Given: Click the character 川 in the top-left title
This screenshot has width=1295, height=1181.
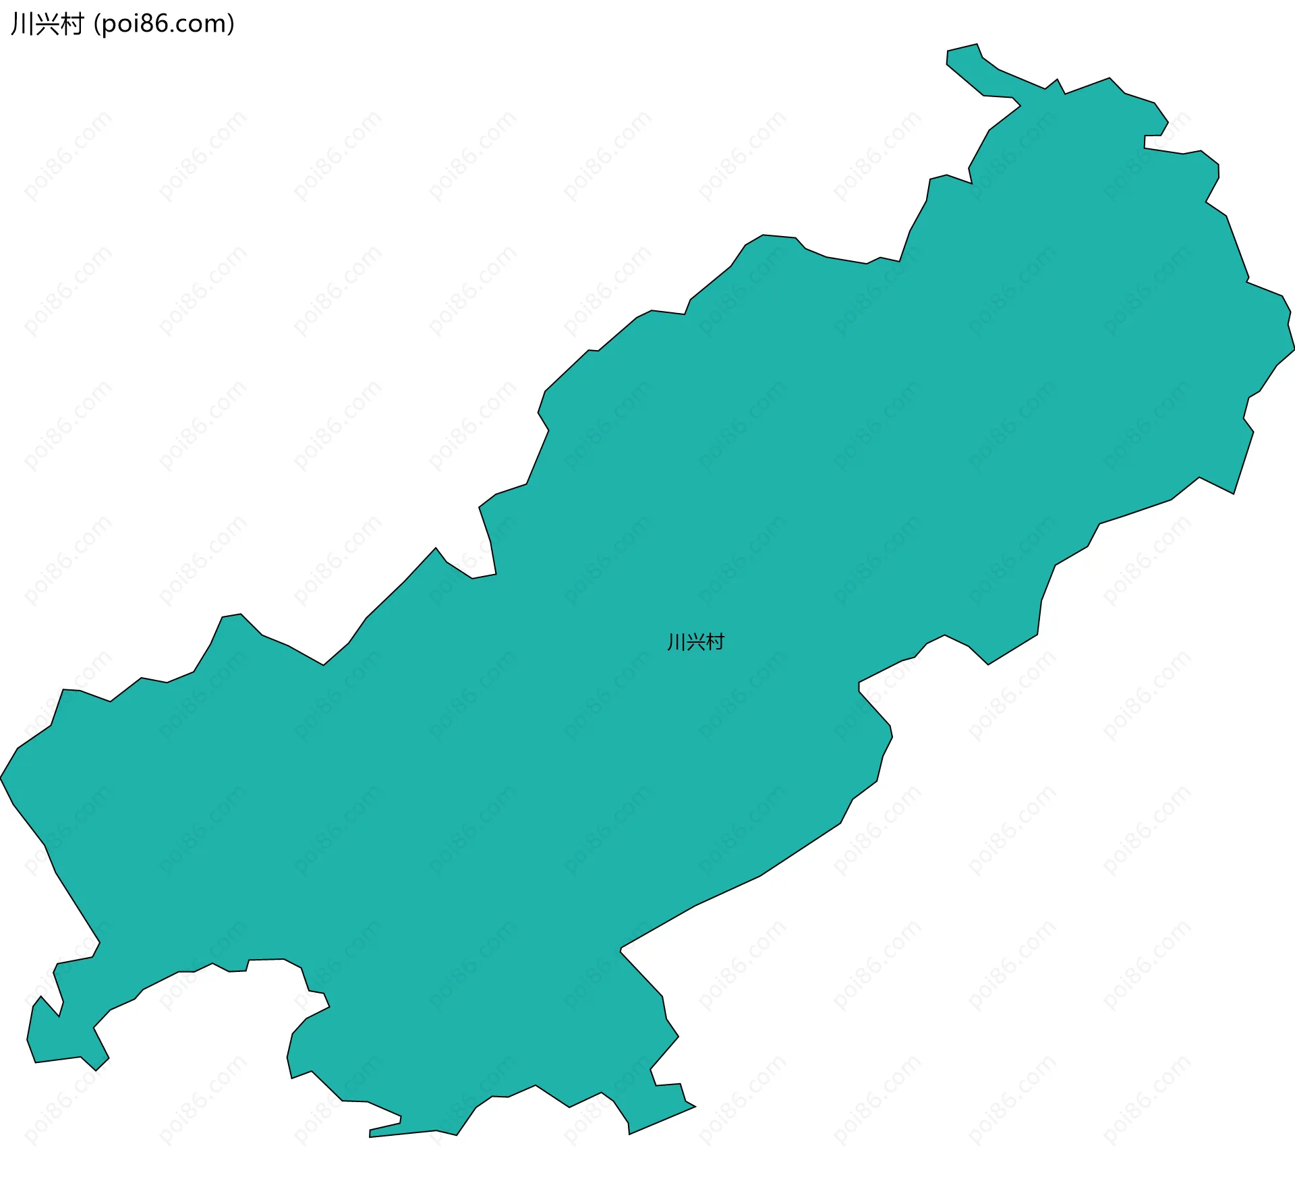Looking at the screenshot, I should pos(22,24).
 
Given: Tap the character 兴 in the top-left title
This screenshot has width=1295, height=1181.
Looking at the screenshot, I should pos(46,24).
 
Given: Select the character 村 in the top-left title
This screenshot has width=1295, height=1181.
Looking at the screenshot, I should pos(71,24).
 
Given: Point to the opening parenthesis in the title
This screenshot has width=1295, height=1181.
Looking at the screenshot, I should pos(97,24).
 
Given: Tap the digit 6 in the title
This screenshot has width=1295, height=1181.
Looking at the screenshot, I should pos(162,24).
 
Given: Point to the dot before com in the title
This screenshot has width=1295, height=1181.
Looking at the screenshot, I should pos(173,31).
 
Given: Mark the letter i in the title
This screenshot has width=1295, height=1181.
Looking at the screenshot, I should pos(136,24).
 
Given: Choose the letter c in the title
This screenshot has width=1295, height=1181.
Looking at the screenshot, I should pos(183,26).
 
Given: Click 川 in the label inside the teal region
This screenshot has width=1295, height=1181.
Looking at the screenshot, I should pos(675,642).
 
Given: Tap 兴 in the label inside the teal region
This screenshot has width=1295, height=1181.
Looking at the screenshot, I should pos(695,642).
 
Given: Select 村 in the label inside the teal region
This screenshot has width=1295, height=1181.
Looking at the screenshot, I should pos(715,642).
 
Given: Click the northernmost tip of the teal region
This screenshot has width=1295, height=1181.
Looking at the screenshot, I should pos(977,45).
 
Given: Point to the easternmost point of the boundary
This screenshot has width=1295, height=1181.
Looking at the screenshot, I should pos(1294,349).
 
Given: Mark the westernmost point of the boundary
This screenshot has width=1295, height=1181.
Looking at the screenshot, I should pos(1,778).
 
